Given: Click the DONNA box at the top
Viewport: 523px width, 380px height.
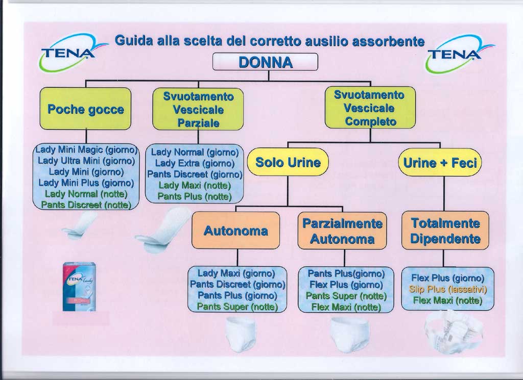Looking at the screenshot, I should [x=265, y=62].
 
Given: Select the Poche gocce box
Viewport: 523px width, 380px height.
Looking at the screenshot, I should [x=85, y=109].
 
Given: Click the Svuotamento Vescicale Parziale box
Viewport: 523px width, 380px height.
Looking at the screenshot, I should [x=198, y=109].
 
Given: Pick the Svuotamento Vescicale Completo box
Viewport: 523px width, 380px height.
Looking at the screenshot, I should [x=370, y=108].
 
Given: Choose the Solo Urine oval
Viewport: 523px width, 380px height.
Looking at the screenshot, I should [x=288, y=163].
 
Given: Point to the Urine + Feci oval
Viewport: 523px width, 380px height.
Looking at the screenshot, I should [x=440, y=163].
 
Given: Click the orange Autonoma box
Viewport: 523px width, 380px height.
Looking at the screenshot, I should [x=235, y=231].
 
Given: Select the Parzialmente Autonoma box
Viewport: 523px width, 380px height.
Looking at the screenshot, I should [x=342, y=231].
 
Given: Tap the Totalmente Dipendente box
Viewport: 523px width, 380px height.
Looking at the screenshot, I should [x=445, y=231].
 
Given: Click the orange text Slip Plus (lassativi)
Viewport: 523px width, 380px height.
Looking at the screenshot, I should [x=447, y=289].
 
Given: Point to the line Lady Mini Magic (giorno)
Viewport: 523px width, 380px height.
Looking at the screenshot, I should [x=86, y=150].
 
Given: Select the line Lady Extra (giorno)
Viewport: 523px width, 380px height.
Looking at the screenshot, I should [x=194, y=163].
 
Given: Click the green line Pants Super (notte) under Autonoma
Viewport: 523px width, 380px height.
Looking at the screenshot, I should [x=237, y=307].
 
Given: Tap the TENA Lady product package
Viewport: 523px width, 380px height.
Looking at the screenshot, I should [x=79, y=287].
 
